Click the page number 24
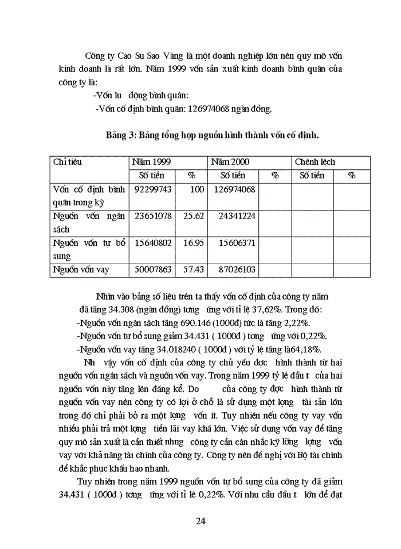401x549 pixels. tap(200, 520)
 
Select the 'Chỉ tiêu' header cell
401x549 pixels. tap(68, 162)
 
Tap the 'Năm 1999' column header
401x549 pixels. tap(151, 162)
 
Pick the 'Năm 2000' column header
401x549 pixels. tap(230, 162)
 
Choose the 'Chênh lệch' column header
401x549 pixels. tap(315, 162)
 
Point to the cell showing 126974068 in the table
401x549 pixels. tap(235, 189)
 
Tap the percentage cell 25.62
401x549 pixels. tap(193, 217)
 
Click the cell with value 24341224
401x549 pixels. tap(235, 217)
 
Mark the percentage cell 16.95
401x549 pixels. tap(193, 243)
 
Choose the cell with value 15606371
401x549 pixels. tap(235, 243)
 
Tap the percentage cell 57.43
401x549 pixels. tap(193, 269)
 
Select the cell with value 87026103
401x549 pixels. tap(235, 269)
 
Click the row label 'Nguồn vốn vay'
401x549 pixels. tap(81, 269)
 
